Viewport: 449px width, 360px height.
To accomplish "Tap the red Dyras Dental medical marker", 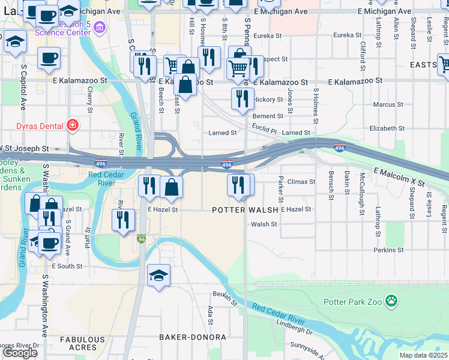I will click(x=72, y=125).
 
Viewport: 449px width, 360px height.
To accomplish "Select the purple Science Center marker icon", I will click(x=99, y=27).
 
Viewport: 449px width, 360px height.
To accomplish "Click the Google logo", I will click(x=20, y=353).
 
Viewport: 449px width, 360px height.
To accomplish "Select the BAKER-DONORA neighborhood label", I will click(x=193, y=337).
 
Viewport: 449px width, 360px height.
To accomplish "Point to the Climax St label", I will click(x=302, y=181).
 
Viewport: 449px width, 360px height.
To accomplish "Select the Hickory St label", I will click(x=268, y=100).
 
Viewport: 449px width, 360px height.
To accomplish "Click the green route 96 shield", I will click(x=141, y=239).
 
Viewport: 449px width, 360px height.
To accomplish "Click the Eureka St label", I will click(x=268, y=36).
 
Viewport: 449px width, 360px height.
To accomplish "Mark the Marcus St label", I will click(x=384, y=104).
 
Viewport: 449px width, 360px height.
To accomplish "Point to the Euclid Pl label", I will click(x=264, y=130).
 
